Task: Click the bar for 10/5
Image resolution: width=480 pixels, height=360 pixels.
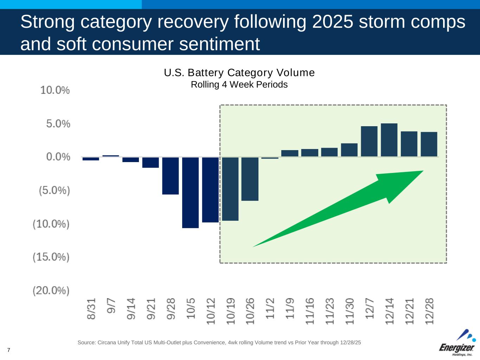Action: point(190,192)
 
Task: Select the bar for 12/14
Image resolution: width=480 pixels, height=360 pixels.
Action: point(389,140)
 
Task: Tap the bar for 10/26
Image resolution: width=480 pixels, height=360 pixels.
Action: point(250,179)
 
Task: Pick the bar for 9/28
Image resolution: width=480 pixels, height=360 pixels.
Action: point(171,175)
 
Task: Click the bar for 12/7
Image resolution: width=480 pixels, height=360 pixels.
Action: point(369,141)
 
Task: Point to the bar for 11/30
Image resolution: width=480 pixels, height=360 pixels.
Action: point(349,150)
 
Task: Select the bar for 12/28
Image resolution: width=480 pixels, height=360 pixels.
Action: point(429,144)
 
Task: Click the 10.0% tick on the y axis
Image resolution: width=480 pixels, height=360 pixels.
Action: point(55,90)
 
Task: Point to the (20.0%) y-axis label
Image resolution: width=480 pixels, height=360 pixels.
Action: point(51,291)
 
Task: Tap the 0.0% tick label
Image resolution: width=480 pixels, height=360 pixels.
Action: point(58,157)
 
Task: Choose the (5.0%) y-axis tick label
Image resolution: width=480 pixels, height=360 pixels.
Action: point(54,191)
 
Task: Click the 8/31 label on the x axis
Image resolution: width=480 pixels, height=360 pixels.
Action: point(91,309)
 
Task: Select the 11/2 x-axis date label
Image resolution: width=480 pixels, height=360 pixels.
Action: point(270,309)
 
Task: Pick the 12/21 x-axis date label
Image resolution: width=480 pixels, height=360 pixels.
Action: point(409,311)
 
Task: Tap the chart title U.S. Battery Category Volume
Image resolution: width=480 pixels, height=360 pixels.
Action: point(239,73)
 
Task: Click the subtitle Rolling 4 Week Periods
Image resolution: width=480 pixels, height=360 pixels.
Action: point(239,85)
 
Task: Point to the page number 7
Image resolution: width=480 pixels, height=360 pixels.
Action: point(8,350)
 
